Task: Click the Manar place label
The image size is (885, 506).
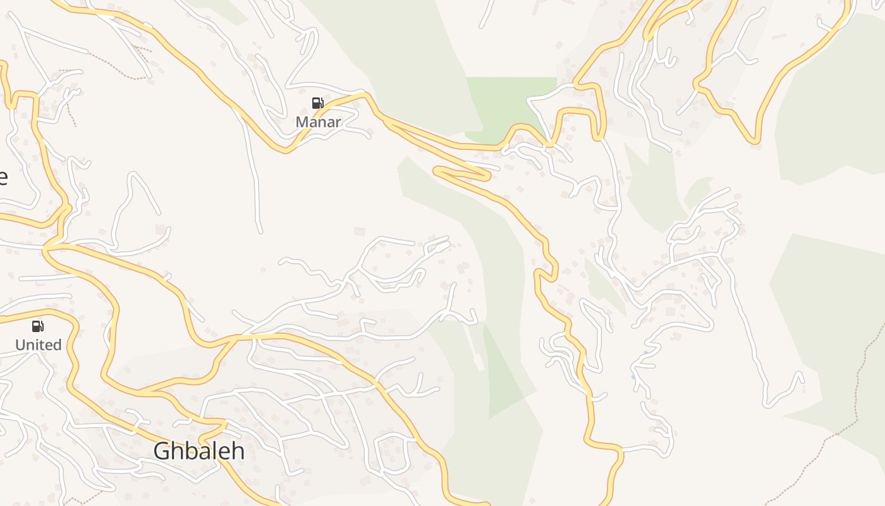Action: pos(318,121)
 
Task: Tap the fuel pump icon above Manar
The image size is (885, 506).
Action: pos(317,103)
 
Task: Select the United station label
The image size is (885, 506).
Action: pos(39,345)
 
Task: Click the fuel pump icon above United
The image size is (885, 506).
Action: pos(38,326)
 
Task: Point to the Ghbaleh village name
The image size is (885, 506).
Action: pos(199,450)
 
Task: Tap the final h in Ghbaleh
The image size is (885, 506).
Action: pos(238,450)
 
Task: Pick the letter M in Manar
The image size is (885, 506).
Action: pos(302,121)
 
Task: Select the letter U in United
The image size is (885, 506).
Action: pos(20,345)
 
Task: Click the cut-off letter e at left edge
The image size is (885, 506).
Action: pos(3,177)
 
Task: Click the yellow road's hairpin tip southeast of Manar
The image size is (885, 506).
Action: pos(436,170)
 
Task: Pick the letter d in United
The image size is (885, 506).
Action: pos(58,345)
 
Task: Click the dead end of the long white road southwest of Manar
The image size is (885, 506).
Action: pos(259,231)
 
